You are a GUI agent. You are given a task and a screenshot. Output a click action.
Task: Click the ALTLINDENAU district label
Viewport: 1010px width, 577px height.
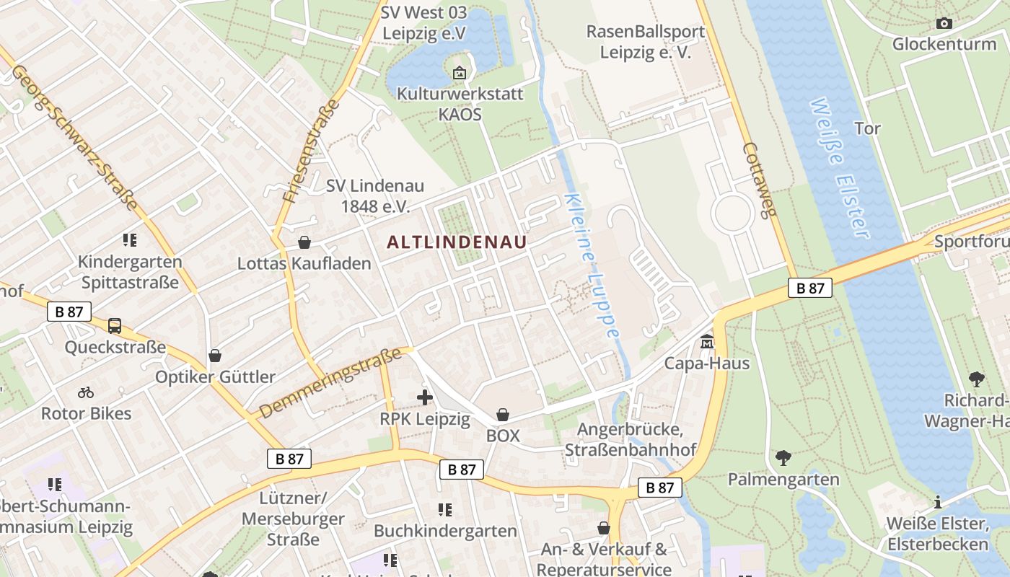click(457, 242)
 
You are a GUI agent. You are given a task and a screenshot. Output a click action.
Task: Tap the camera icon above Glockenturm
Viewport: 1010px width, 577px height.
click(944, 23)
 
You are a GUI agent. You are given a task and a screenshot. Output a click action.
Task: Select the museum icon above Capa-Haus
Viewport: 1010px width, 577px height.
click(706, 341)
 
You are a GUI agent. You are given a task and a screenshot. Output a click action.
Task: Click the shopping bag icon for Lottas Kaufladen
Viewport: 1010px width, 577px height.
click(304, 242)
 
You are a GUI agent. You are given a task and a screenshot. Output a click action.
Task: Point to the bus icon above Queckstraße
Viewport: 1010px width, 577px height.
click(115, 326)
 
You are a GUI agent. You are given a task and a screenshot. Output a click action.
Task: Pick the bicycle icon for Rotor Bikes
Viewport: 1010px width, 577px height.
click(86, 392)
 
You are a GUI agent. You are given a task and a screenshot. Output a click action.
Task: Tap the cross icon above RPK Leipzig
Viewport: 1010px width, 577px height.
click(425, 397)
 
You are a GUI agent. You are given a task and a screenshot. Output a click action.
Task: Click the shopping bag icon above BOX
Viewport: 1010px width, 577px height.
click(503, 415)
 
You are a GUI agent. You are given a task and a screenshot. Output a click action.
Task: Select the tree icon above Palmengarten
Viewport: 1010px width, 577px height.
click(783, 457)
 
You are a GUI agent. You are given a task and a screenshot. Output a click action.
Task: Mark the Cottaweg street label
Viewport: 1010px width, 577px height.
click(760, 179)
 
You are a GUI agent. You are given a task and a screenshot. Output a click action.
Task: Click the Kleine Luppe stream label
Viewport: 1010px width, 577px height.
click(592, 265)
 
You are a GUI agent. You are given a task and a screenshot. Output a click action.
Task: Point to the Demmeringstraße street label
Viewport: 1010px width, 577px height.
click(330, 383)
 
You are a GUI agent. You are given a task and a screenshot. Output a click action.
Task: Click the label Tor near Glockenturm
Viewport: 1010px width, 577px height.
click(867, 128)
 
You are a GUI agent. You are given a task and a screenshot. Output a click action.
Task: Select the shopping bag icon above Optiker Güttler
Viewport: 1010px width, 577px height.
click(215, 356)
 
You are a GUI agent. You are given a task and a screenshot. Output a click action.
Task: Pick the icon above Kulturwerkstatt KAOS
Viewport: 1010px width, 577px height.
click(460, 73)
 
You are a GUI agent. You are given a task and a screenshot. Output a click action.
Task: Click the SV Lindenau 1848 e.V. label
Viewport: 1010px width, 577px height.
click(374, 196)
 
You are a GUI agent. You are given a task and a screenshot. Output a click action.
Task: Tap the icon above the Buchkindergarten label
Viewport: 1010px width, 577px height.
click(445, 510)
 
